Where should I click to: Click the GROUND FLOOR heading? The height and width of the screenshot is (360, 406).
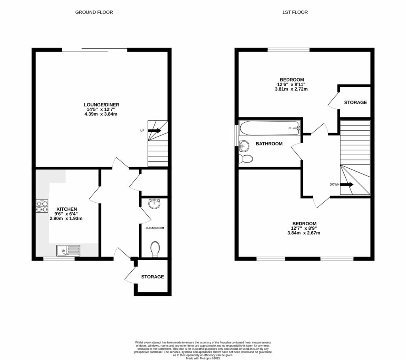click(x=94, y=12)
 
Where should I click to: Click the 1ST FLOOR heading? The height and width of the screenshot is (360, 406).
click(x=295, y=12)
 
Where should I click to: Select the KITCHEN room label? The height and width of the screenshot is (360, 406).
click(x=66, y=209)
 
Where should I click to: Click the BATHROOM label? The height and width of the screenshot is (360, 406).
click(x=269, y=144)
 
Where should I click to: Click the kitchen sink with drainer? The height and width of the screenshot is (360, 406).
click(x=68, y=250)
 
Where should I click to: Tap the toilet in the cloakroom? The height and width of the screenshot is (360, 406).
click(x=155, y=249)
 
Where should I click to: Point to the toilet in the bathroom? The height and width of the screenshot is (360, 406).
click(x=246, y=159)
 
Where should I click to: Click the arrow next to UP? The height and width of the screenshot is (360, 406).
click(x=155, y=130)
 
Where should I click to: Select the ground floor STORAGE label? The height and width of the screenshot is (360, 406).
click(x=153, y=277)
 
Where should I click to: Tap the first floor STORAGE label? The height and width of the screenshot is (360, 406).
click(x=355, y=103)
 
